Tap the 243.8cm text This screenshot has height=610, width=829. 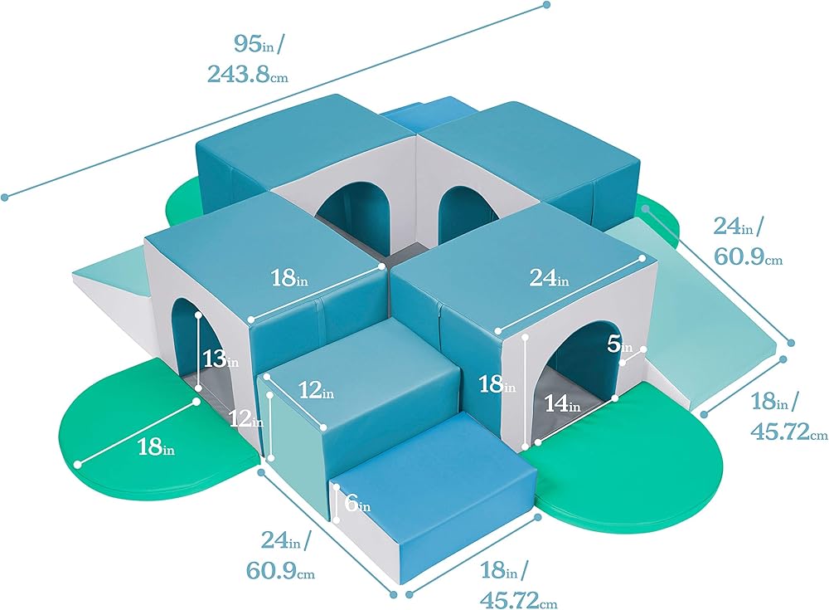[x=247, y=74]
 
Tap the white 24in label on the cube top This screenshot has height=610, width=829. [x=550, y=280]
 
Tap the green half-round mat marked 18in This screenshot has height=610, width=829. [x=124, y=415]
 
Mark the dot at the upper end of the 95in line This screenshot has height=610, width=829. [x=547, y=5]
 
